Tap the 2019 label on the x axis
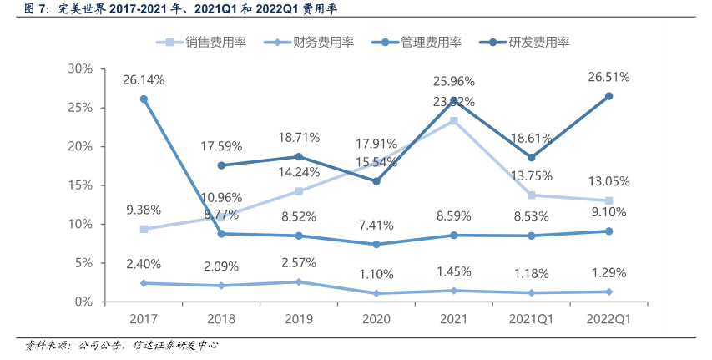coord(299,319)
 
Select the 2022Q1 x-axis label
coord(608,319)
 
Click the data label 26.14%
coord(144,80)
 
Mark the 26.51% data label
coord(608,77)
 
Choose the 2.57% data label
coord(299,263)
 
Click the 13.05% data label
coord(608,182)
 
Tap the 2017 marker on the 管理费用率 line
coord(144,99)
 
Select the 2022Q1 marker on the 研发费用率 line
coord(608,96)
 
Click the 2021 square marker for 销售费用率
coord(453,121)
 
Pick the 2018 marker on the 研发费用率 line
coord(221,165)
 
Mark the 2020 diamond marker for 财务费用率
coord(376,293)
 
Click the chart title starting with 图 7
coord(175,10)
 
